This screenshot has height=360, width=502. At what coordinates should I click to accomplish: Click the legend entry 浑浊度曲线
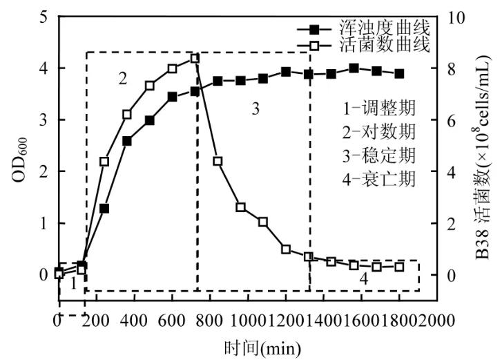click(x=384, y=29)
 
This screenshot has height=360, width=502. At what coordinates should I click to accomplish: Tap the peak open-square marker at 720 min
click(x=195, y=58)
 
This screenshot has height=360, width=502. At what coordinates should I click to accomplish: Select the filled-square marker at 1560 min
click(x=354, y=68)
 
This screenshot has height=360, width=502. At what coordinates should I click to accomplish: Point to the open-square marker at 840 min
click(x=218, y=161)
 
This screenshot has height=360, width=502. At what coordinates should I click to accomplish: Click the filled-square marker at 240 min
click(x=104, y=208)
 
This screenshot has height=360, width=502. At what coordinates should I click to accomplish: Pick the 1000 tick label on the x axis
click(x=247, y=321)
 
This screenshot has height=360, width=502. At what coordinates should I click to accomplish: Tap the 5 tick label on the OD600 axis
click(x=44, y=17)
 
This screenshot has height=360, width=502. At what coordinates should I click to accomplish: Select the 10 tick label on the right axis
click(x=456, y=17)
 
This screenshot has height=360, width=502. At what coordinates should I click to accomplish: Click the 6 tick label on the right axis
click(x=452, y=120)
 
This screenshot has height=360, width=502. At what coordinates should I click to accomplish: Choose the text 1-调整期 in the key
click(x=380, y=108)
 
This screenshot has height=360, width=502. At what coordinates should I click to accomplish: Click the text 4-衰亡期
click(x=380, y=179)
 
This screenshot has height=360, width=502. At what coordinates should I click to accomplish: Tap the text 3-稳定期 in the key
click(x=380, y=155)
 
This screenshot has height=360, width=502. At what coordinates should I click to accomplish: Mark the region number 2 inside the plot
click(x=123, y=78)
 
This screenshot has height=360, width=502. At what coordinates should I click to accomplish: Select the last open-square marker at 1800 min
click(x=399, y=267)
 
